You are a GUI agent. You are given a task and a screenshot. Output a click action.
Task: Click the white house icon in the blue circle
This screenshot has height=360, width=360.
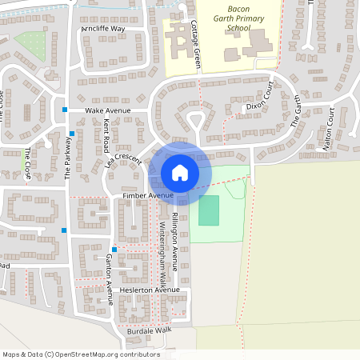(180, 172)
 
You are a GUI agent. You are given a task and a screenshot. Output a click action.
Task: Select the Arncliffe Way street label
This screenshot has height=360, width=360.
(103, 29)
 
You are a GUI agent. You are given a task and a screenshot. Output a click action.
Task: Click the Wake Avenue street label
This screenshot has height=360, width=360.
(107, 111)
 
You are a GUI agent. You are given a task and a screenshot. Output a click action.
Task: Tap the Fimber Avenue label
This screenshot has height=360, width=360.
(147, 195)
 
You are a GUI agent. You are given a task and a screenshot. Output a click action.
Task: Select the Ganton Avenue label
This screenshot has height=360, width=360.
(109, 272)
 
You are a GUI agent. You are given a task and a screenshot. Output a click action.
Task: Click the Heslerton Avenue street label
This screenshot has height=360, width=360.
(145, 290)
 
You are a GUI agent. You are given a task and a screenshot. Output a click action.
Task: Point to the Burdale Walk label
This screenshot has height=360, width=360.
(149, 330)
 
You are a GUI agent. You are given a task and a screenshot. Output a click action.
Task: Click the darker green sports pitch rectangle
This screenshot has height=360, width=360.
(208, 210)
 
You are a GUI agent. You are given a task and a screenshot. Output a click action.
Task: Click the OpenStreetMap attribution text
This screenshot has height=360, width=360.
(81, 354)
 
